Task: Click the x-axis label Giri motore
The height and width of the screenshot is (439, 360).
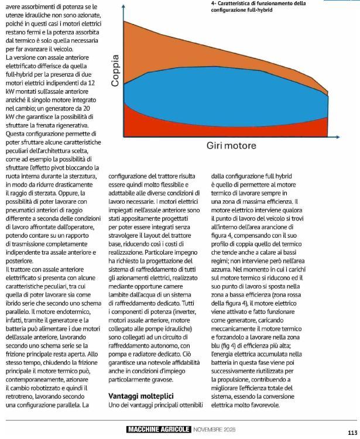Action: point(231,145)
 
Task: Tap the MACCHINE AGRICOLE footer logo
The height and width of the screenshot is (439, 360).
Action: point(159,430)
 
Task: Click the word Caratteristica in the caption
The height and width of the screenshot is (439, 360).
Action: point(235,3)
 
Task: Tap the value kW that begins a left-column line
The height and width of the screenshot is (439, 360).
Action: point(10,91)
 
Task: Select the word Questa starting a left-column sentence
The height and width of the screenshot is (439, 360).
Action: point(17,134)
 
